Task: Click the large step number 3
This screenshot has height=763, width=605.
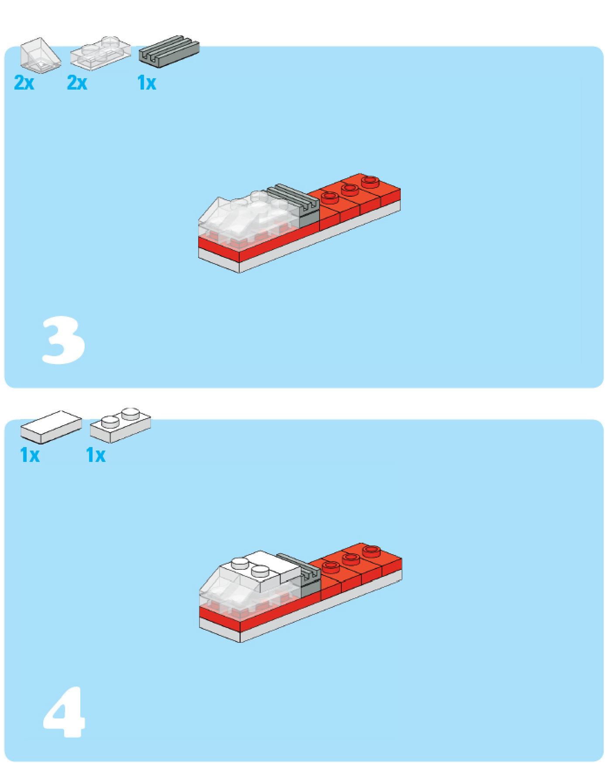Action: pyautogui.click(x=64, y=340)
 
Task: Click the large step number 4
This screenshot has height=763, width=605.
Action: pyautogui.click(x=64, y=711)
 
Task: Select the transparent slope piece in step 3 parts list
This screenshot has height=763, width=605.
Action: pyautogui.click(x=40, y=55)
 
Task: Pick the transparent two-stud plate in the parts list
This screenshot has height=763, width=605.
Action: pyautogui.click(x=100, y=53)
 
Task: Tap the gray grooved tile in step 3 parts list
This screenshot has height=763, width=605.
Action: pyautogui.click(x=169, y=52)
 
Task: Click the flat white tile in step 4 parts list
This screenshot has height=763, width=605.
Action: pyautogui.click(x=51, y=427)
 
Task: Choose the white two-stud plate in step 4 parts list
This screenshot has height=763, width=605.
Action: pyautogui.click(x=120, y=425)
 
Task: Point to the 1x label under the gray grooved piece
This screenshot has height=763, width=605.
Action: pyautogui.click(x=147, y=83)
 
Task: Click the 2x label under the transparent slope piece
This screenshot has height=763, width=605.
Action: pyautogui.click(x=24, y=82)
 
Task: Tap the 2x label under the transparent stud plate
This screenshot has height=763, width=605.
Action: pyautogui.click(x=77, y=82)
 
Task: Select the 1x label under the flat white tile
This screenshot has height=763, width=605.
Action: pyautogui.click(x=30, y=455)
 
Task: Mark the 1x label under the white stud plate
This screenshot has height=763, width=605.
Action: pyautogui.click(x=96, y=455)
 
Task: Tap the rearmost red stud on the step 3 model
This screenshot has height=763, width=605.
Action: pyautogui.click(x=370, y=180)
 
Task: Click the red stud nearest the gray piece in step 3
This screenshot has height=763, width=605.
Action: pyautogui.click(x=330, y=198)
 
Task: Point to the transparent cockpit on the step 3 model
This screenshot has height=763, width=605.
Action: pyautogui.click(x=249, y=214)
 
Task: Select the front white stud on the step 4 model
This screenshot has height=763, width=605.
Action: pyautogui.click(x=260, y=571)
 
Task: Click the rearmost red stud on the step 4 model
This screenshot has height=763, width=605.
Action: pyautogui.click(x=371, y=550)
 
